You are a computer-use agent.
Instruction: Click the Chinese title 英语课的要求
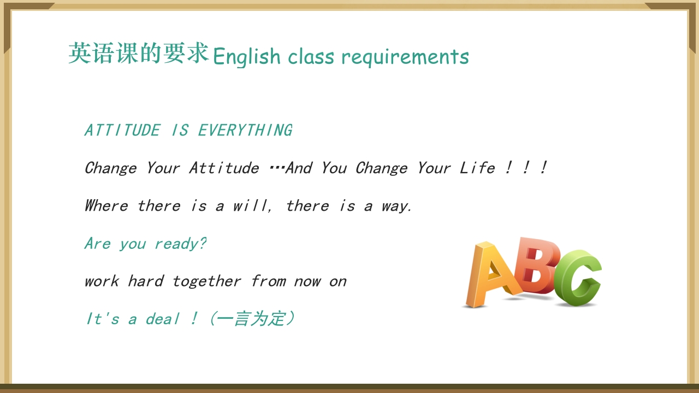139,53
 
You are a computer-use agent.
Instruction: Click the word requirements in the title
405,57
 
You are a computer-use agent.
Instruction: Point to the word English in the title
246,57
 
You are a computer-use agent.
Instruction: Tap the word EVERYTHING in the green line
245,130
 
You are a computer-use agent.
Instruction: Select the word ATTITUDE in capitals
122,130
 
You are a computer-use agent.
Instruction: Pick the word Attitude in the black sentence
224,168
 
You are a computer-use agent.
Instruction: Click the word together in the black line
206,281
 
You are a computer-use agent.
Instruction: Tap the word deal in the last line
162,319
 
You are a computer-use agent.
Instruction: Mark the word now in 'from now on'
307,282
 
